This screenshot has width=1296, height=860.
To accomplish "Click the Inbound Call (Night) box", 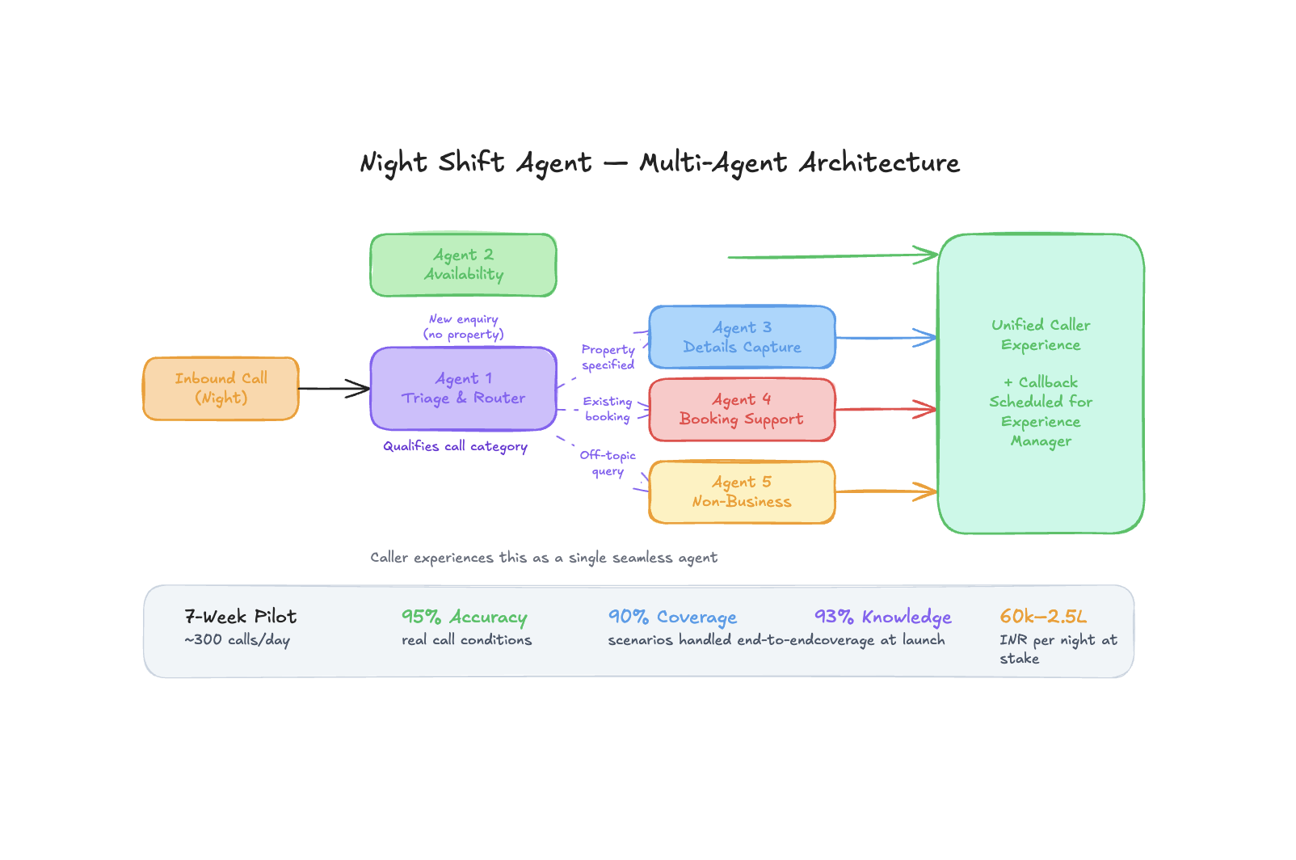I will pyautogui.click(x=221, y=389).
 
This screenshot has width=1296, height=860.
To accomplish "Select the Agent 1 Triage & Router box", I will pyautogui.click(x=463, y=389).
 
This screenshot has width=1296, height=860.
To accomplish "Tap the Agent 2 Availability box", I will pyautogui.click(x=463, y=265).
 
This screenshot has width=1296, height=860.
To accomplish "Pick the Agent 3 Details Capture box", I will pyautogui.click(x=742, y=337).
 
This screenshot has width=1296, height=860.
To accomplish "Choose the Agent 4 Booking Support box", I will pyautogui.click(x=742, y=410).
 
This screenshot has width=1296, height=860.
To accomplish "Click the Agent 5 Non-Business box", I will pyautogui.click(x=742, y=492).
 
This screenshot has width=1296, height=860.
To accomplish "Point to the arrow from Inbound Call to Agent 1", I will pyautogui.click(x=334, y=389).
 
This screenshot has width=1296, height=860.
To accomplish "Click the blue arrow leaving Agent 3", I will pyautogui.click(x=886, y=338).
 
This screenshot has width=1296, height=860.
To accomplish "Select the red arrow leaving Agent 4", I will pyautogui.click(x=886, y=410).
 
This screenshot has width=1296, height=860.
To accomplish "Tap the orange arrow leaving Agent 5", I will pyautogui.click(x=886, y=491).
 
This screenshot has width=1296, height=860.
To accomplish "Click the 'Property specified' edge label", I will pyautogui.click(x=608, y=357).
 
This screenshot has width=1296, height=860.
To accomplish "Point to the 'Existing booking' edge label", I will pyautogui.click(x=608, y=409).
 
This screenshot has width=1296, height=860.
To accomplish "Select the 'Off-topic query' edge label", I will pyautogui.click(x=608, y=463).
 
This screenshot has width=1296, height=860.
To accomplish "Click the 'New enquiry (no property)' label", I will pyautogui.click(x=464, y=327).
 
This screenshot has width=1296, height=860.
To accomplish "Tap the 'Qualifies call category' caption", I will pyautogui.click(x=455, y=446).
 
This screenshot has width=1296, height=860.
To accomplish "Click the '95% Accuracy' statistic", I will pyautogui.click(x=464, y=617).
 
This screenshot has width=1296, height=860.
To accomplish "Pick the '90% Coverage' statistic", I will pyautogui.click(x=672, y=617).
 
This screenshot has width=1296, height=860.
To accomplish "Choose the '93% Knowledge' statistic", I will pyautogui.click(x=882, y=617).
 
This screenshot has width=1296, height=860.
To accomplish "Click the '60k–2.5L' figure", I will pyautogui.click(x=1043, y=617).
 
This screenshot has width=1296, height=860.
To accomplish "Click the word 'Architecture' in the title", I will pyautogui.click(x=879, y=162).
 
